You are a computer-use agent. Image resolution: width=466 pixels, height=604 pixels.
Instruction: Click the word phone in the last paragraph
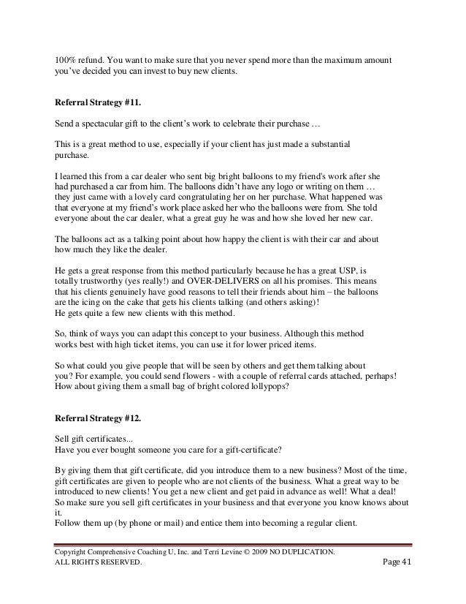coord(137,523)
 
